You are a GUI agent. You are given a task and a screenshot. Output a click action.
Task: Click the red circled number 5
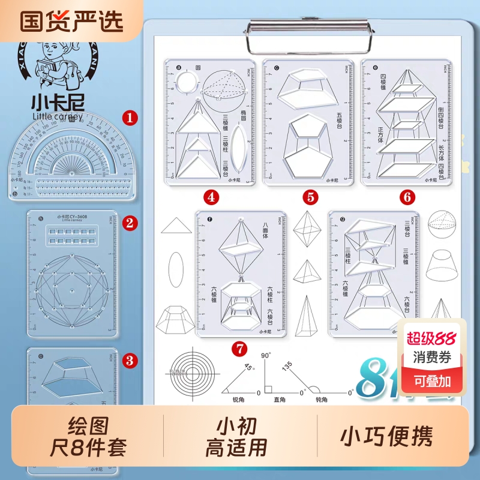click(309, 196)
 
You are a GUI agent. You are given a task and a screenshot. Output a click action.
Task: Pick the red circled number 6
click(406, 196)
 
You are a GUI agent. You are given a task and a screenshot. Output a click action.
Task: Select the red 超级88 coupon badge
click(430, 338)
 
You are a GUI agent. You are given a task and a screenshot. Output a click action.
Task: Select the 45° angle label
click(248, 368)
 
